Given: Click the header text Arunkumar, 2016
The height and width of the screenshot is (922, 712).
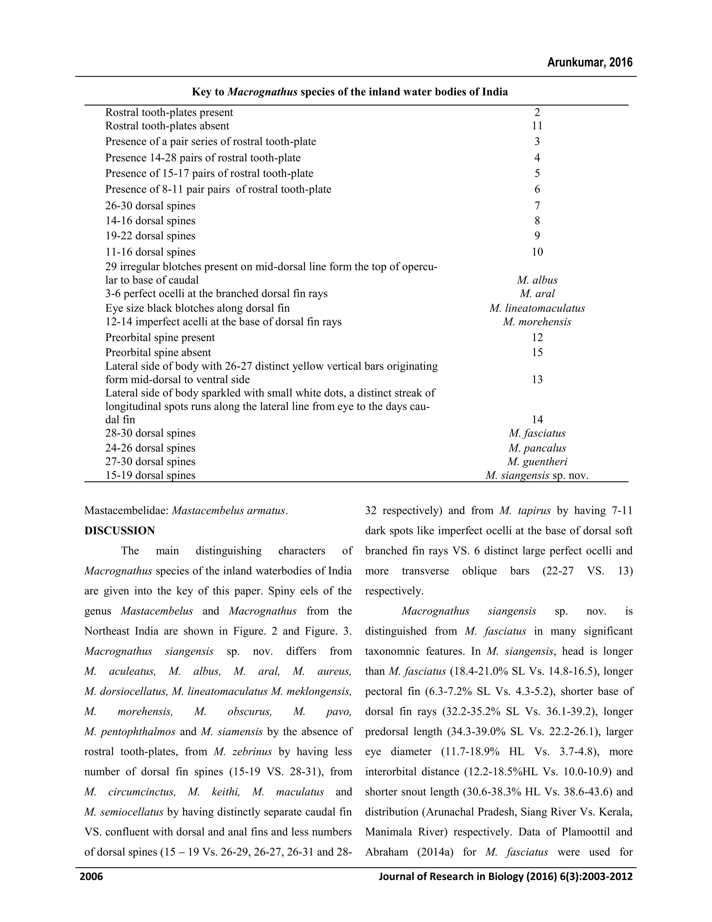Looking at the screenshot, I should [590, 63].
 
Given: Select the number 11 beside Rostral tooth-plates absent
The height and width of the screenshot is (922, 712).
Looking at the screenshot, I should [537, 126].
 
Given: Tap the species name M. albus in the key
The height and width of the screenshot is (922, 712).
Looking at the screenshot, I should [537, 280].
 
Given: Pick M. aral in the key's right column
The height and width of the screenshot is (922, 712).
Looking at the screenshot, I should [537, 294].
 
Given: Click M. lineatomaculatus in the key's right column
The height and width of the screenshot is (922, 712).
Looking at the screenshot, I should [537, 309].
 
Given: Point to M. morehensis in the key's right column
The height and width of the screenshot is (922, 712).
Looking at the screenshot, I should [537, 322].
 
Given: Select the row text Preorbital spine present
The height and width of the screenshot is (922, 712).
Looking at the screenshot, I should [160, 338].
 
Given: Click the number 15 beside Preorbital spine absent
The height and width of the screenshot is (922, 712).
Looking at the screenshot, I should [537, 352].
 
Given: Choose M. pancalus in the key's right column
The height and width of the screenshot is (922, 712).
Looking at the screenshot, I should [537, 448].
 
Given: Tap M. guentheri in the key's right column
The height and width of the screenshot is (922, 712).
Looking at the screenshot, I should [537, 462].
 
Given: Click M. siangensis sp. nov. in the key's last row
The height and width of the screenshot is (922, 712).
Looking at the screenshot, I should [537, 476].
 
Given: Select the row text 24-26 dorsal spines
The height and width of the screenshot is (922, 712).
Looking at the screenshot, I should [150, 448].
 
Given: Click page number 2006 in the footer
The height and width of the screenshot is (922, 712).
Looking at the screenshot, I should [91, 877].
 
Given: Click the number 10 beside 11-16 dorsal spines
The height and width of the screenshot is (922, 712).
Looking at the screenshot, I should [537, 252].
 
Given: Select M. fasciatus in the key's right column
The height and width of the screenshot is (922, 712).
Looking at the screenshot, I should [537, 434].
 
